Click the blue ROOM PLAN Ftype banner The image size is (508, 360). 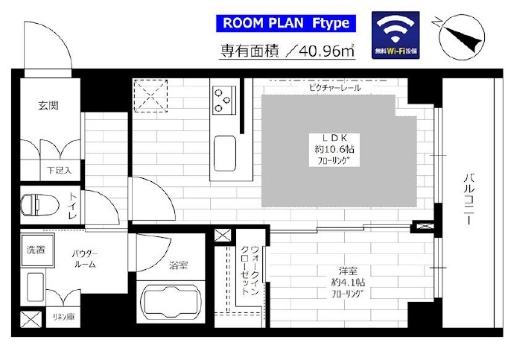coord(286,23)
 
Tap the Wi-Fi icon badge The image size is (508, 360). coord(396,35)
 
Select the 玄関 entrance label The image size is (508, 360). coord(48,105)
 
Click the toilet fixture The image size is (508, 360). coord(39,205)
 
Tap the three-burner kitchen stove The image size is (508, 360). coord(224,100)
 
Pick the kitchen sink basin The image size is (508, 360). coord(225,153)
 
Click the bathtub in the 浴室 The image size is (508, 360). coord(171,303)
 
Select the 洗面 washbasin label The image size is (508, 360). coord(36,250)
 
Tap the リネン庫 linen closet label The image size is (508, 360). coord(63,317)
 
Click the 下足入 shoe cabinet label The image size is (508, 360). coord(59,170)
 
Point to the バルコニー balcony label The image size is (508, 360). coord(469,199)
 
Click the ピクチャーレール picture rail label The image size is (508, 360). coord(334,87)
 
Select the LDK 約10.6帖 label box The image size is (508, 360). coord(334,150)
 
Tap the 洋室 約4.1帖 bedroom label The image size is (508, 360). coord(348,282)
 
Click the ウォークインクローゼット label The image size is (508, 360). coord(250,271)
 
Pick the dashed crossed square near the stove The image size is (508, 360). coord(150,95)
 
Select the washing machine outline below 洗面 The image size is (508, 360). coord(35,287)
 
